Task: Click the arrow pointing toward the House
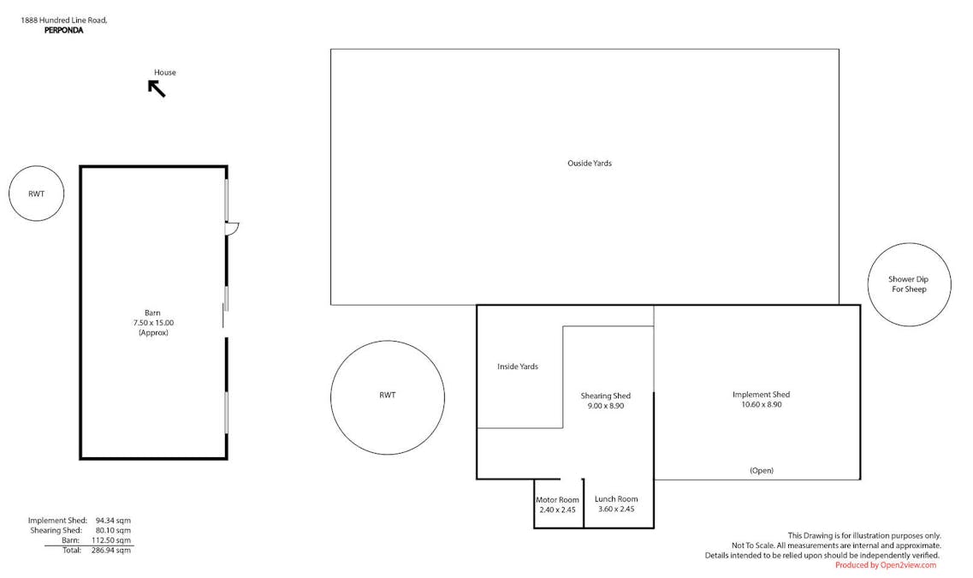coord(157,89)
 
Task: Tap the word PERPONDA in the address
coord(64,31)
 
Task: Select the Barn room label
coord(152,313)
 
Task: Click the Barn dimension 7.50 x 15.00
coord(153,323)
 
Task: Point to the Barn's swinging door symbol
coord(232,229)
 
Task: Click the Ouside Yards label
coord(590,164)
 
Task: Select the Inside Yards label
coord(518,366)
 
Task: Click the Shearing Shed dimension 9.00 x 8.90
coord(606,406)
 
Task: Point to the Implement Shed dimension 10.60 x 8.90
coord(762,405)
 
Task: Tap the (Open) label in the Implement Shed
coord(762,471)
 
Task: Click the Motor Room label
coord(557,500)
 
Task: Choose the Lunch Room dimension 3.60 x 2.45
coord(616,509)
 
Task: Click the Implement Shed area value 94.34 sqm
coord(113,521)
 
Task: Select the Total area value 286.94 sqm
coord(111,550)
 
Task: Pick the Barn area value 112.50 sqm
coord(111,540)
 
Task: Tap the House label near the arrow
coord(165,73)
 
